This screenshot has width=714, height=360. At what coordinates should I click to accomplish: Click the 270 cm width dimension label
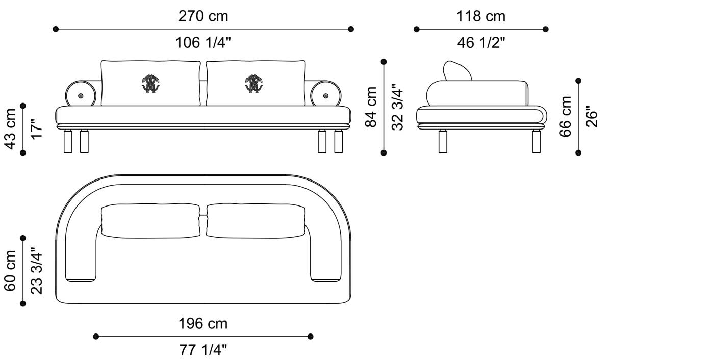pos(203,16)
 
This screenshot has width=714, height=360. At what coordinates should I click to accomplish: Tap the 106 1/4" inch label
pos(203,42)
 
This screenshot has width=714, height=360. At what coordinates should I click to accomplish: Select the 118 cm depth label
pos(480,16)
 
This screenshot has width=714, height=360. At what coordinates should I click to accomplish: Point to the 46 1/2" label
pos(481,43)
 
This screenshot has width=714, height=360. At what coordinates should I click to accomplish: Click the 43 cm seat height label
pos(11,128)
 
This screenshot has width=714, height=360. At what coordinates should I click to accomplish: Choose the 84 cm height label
pos(371,107)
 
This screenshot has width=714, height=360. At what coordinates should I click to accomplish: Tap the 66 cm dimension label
pos(566,117)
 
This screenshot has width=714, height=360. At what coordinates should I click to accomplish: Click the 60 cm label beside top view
pos(10,270)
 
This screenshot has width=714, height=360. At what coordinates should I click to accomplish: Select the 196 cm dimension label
pos(203,324)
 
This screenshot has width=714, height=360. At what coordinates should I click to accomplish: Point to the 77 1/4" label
pos(203,350)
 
